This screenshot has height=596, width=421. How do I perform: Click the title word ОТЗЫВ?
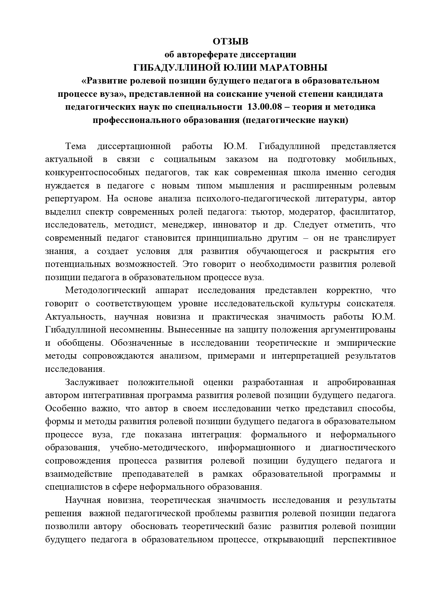(x=230, y=42)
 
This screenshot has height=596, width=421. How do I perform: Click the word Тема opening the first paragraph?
(x=75, y=146)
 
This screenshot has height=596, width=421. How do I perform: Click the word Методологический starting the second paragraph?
(x=106, y=290)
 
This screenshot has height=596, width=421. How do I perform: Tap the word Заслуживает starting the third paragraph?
(x=92, y=382)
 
